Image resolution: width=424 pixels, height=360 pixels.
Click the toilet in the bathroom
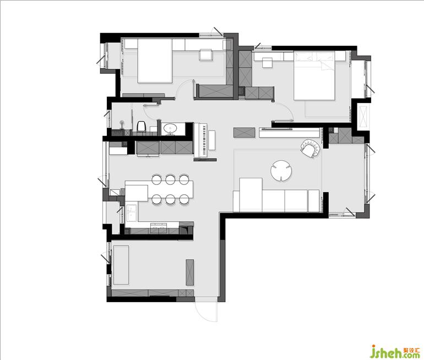click(140, 126)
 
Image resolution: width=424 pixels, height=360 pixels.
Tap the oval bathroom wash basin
click(170, 128)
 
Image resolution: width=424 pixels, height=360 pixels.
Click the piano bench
click(212, 140)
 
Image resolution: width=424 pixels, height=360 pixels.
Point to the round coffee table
click(281, 171)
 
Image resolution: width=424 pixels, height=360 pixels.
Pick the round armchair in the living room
click(311, 149)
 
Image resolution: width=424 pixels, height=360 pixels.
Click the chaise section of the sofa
click(251, 195)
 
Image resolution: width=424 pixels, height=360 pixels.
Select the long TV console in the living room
click(289, 133)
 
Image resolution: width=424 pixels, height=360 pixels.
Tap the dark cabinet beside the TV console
click(244, 133)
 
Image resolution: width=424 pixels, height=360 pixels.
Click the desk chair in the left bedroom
click(205, 54)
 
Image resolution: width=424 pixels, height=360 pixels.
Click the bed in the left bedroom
click(155, 61)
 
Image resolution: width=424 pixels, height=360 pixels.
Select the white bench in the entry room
click(121, 265)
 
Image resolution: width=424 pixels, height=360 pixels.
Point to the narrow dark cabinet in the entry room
click(190, 272)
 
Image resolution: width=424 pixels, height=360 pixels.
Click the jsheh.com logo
click(395, 351)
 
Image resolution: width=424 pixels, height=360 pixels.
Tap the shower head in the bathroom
click(122, 123)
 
